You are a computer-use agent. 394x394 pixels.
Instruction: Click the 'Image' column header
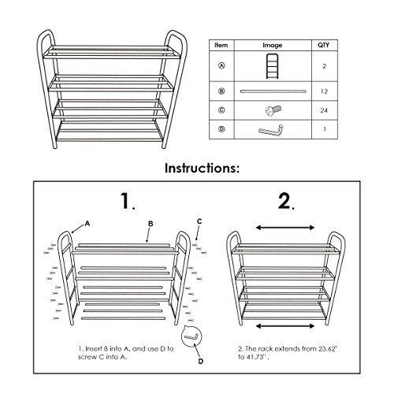click(x=275, y=46)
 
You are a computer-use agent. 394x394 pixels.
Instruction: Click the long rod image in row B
click(x=275, y=91)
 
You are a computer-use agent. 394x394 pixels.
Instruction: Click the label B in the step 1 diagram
click(x=151, y=224)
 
